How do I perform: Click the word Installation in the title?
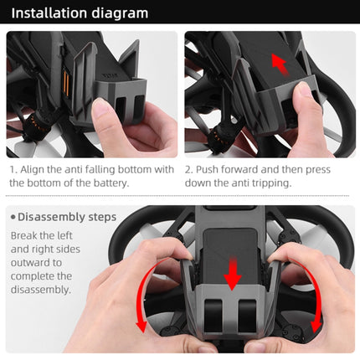49,13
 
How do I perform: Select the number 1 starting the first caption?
14,169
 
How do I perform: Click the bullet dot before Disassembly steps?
13,218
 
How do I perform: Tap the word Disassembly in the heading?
51,218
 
